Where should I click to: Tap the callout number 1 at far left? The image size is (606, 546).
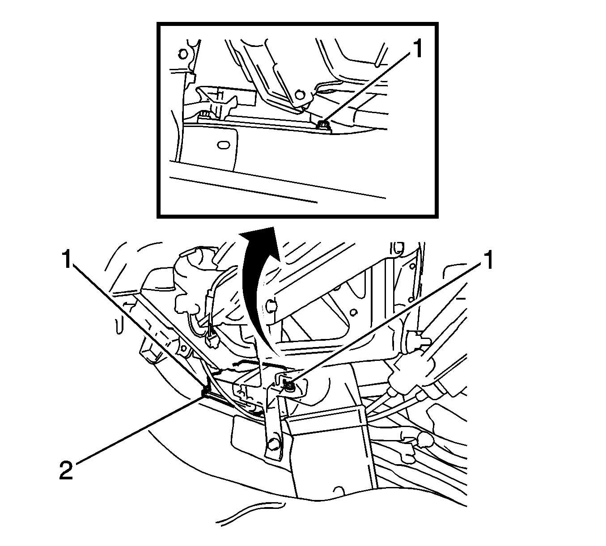pyautogui.click(x=67, y=260)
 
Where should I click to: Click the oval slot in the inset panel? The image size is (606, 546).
pyautogui.click(x=222, y=145)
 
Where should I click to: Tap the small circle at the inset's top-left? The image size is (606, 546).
pyautogui.click(x=182, y=55)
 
